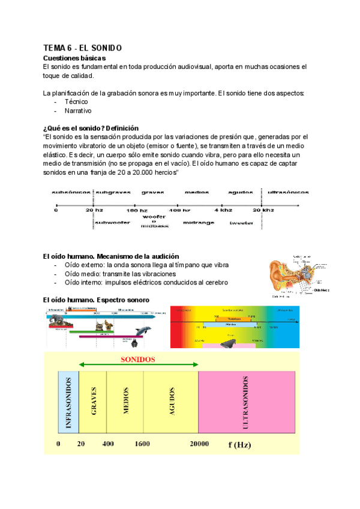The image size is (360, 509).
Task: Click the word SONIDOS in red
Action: point(138,360)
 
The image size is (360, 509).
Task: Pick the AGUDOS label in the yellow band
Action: point(172,402)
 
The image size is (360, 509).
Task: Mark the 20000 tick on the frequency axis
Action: point(199,444)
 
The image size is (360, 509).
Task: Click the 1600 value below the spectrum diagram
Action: point(143,444)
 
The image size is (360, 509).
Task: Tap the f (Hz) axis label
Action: point(240,444)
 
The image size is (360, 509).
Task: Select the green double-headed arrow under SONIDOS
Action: point(139,366)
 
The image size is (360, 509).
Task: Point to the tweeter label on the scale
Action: point(241,223)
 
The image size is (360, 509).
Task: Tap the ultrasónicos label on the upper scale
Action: point(288,192)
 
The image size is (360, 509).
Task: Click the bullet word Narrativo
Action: point(78,110)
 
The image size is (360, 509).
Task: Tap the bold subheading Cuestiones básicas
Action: point(74,58)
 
